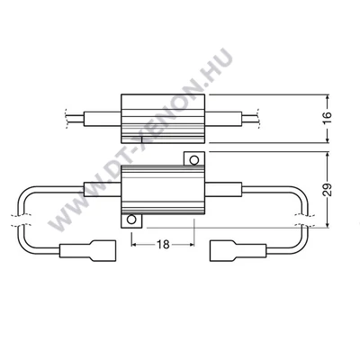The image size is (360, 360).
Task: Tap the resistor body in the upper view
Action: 162,117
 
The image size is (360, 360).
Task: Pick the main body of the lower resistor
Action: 162,189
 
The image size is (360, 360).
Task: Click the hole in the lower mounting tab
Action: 133,219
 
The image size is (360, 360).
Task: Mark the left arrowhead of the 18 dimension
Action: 136,243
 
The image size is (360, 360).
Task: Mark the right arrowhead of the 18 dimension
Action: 190,243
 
